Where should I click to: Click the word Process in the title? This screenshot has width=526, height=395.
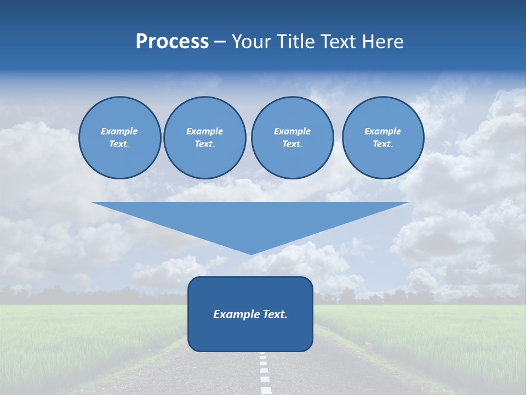point(172,42)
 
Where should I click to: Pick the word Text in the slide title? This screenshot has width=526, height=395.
point(339,42)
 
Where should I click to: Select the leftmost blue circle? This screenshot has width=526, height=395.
point(120,138)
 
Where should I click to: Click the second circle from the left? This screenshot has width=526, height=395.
point(204,138)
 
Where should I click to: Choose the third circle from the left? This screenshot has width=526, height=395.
point(292,138)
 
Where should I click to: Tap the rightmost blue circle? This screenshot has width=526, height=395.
point(383,138)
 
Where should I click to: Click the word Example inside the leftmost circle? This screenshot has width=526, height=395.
point(119,131)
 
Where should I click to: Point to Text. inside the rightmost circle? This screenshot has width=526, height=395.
point(383,144)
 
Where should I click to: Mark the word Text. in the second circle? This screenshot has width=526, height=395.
point(204,144)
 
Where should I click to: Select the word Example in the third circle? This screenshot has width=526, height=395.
point(292,131)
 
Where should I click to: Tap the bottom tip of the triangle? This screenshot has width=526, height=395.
point(251,253)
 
